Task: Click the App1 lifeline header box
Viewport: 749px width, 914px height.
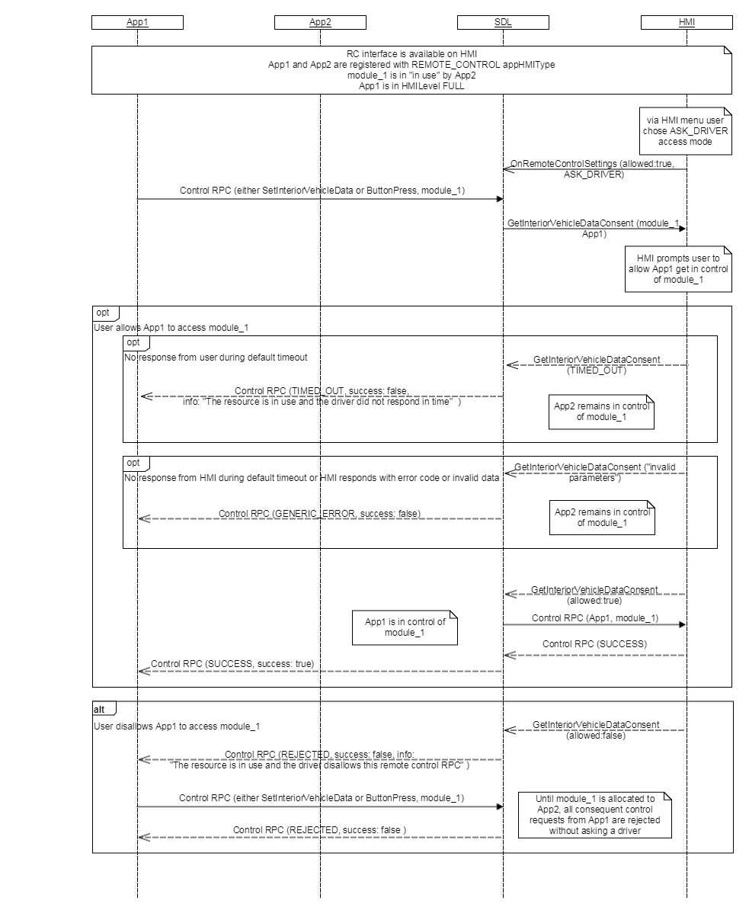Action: pos(137,22)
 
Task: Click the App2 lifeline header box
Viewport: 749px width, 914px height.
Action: pos(320,22)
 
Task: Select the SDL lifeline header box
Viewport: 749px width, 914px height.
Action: pos(503,22)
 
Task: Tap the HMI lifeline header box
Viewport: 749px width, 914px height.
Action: pos(687,22)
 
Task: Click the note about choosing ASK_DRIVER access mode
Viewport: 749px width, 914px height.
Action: pos(686,130)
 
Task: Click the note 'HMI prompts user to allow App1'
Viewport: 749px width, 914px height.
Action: pos(678,269)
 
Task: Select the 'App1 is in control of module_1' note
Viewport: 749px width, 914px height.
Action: pos(404,627)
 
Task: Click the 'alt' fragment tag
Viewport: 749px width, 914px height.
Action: pos(100,709)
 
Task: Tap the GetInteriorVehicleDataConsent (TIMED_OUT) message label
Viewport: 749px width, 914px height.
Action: pos(596,364)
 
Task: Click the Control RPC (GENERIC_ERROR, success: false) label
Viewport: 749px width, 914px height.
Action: pos(319,514)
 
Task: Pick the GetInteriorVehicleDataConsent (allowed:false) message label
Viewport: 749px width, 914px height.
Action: pos(596,730)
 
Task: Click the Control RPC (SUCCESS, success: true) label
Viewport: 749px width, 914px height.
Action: pos(232,664)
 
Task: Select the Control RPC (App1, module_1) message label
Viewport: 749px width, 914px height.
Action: pos(595,618)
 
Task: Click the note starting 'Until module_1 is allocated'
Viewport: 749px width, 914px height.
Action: pos(595,815)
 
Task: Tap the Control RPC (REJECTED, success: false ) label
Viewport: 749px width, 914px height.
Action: pos(319,830)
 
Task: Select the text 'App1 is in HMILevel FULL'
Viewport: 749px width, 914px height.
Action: pos(411,86)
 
